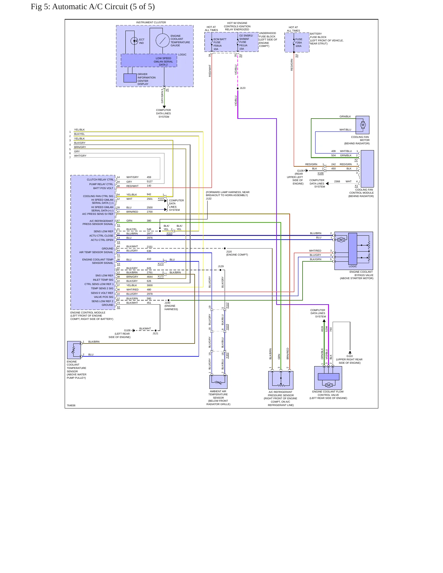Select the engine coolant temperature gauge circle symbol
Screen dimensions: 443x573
point(162,40)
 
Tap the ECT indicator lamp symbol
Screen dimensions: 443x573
point(134,41)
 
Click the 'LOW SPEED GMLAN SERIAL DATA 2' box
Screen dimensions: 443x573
point(149,61)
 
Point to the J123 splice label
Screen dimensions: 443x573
point(243,88)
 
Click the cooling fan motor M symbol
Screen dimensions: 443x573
point(363,125)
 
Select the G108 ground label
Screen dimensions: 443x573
point(300,171)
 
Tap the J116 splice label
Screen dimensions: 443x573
point(229,252)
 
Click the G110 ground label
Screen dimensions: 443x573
point(349,356)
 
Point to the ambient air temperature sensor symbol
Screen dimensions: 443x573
point(218,382)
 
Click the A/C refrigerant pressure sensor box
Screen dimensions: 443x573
point(281,380)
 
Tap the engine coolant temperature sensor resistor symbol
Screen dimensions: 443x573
point(74,350)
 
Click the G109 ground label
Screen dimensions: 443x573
point(127,331)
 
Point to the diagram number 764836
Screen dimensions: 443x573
point(71,405)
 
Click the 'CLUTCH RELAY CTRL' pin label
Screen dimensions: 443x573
point(100,180)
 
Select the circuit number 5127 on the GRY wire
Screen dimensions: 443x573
point(150,181)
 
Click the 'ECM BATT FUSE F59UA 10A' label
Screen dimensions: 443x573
point(220,44)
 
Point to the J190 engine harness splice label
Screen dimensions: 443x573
point(167,303)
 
